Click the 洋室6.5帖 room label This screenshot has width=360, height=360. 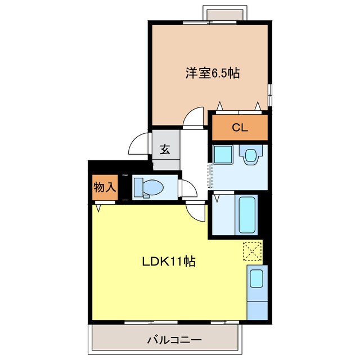(212, 74)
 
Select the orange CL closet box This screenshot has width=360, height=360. (240, 127)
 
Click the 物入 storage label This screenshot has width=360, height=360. (104, 188)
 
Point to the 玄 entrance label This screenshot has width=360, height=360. (165, 150)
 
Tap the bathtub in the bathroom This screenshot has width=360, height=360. (247, 214)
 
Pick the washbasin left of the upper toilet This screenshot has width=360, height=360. (223, 154)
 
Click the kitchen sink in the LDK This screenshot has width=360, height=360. (255, 279)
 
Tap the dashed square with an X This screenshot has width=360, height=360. (253, 251)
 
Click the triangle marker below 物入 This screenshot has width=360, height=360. (100, 208)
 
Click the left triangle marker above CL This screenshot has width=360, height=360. (220, 106)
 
